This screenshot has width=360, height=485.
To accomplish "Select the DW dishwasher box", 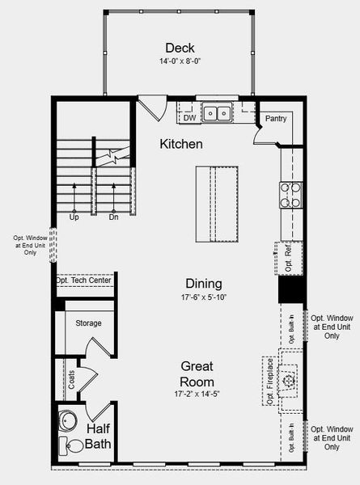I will click(189, 118).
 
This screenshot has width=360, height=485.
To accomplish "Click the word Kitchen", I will click(180, 144).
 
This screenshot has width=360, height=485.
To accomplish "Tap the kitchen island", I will click(216, 204).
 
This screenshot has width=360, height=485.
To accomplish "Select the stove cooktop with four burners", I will click(291, 194).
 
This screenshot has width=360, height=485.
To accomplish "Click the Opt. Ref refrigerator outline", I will click(290, 259).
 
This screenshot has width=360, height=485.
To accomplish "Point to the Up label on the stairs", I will click(74, 217).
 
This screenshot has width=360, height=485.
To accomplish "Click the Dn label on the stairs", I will click(113, 217).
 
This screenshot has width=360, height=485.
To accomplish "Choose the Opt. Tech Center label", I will click(84, 280).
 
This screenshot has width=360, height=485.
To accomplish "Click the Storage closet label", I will click(88, 323).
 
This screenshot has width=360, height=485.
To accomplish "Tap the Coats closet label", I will click(72, 380).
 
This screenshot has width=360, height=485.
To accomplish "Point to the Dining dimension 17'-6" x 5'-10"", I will click(204, 297).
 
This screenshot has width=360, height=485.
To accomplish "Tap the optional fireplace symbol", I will click(288, 378).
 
